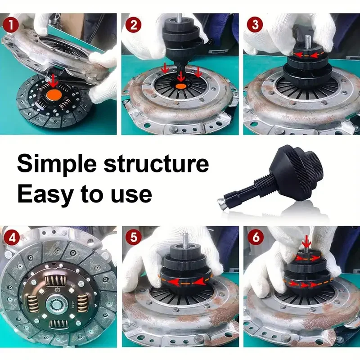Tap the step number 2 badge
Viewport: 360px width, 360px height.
[134, 24]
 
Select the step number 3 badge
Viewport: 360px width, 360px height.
[255, 24]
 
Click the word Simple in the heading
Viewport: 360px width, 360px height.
[57, 164]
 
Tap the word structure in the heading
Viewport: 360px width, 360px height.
[156, 163]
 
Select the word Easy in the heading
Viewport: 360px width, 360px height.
[45, 195]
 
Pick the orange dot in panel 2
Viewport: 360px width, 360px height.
[181, 86]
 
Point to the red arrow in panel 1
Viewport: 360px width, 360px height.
[53, 81]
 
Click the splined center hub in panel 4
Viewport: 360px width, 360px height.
[57, 306]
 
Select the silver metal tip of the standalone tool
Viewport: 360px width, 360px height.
[221, 203]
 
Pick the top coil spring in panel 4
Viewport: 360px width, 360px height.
[55, 281]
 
